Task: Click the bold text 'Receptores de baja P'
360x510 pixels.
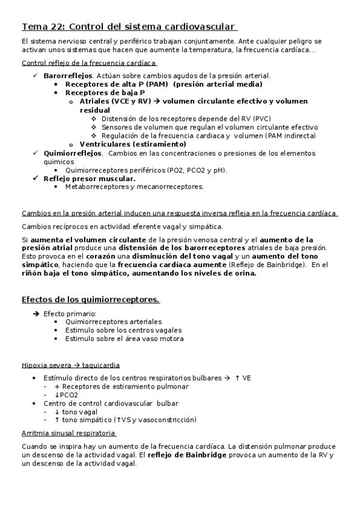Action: pyautogui.click(x=105, y=93)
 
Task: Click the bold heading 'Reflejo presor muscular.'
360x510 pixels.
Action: pyautogui.click(x=89, y=178)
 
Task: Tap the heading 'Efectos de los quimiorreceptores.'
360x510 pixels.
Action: pyautogui.click(x=90, y=299)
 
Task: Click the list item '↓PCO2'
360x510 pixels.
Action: pyautogui.click(x=66, y=395)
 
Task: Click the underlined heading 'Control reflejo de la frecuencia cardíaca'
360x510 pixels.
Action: pyautogui.click(x=89, y=63)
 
